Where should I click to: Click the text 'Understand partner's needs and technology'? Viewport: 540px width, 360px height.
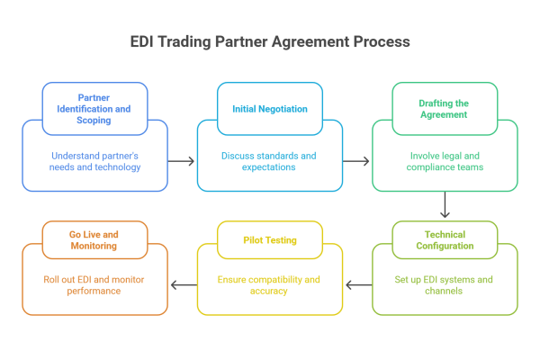[94, 160]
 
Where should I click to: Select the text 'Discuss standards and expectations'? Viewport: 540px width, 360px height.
[269, 160]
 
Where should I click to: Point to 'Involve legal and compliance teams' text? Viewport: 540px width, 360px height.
[444, 160]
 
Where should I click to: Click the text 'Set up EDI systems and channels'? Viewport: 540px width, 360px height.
[444, 285]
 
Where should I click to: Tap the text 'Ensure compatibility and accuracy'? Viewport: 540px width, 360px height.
[269, 285]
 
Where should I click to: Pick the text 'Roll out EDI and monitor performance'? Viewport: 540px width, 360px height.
[94, 285]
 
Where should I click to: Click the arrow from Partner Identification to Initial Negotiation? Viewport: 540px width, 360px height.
[182, 160]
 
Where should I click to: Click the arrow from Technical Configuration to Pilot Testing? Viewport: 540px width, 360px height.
[357, 285]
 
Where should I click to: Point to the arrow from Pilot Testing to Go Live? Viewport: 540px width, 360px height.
[183, 285]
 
